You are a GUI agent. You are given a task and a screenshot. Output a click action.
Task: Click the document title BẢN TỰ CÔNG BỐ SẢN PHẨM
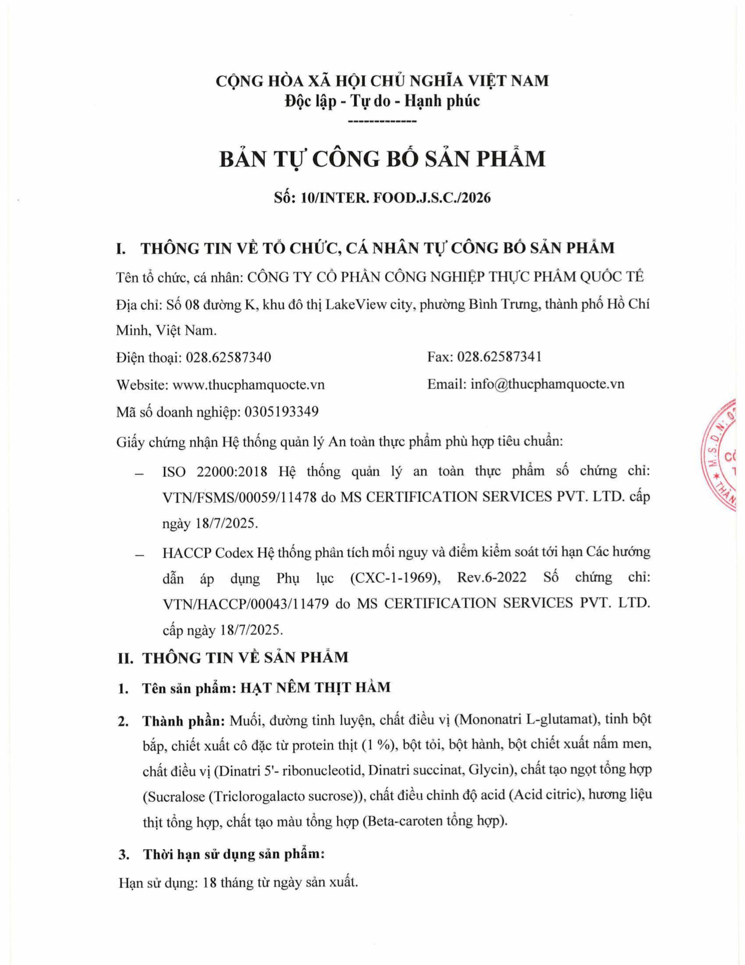tap(382, 159)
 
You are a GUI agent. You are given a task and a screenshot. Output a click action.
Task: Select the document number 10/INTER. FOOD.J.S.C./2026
tap(395, 198)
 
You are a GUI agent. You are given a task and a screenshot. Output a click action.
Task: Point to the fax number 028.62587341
tap(499, 357)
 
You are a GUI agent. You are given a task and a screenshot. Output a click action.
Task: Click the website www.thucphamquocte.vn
tap(248, 385)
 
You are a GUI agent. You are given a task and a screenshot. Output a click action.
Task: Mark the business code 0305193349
tap(281, 412)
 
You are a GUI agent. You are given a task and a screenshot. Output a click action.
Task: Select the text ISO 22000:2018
tap(215, 472)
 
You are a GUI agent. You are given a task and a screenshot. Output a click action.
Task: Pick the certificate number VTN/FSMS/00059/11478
tap(239, 498)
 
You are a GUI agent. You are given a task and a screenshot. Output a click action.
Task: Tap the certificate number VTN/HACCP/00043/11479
tap(246, 604)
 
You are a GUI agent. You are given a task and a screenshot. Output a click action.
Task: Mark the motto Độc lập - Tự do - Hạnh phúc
tap(382, 101)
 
